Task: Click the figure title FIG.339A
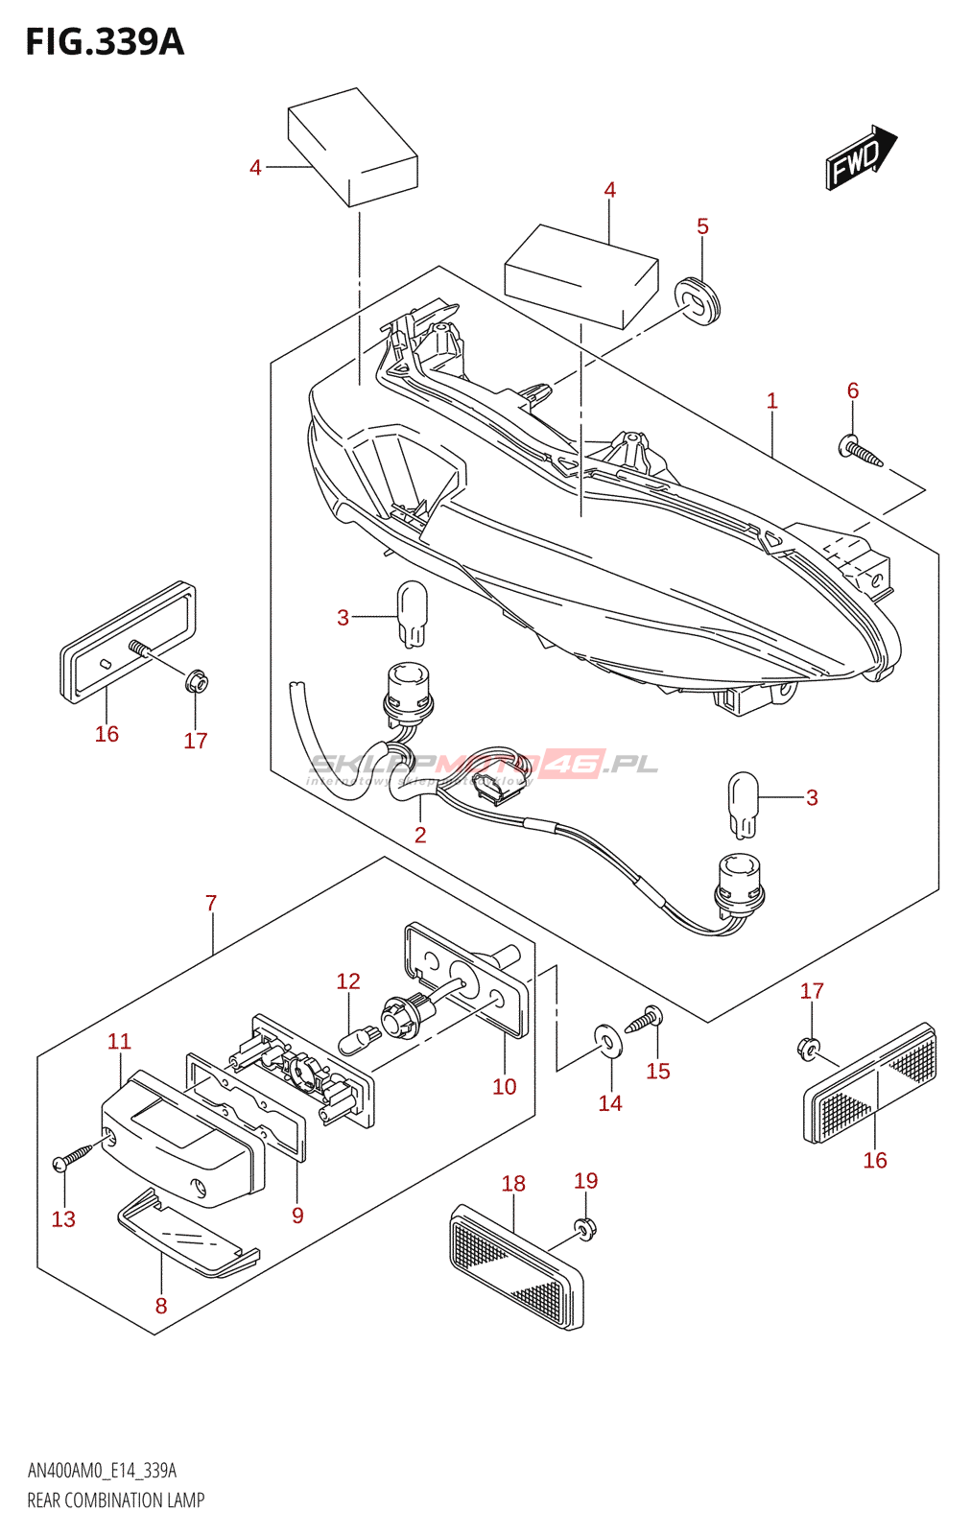105,42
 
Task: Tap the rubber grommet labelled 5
698,299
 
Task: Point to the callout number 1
771,401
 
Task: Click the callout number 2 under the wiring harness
420,835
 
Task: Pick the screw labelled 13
74,1156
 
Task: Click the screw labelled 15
644,1020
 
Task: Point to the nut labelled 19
584,1227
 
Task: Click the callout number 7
211,903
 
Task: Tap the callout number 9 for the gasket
297,1216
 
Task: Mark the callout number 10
504,1086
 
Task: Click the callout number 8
161,1306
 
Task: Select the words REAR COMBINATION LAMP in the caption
116,1500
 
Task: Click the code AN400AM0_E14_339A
102,1471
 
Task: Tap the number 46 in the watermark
574,764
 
